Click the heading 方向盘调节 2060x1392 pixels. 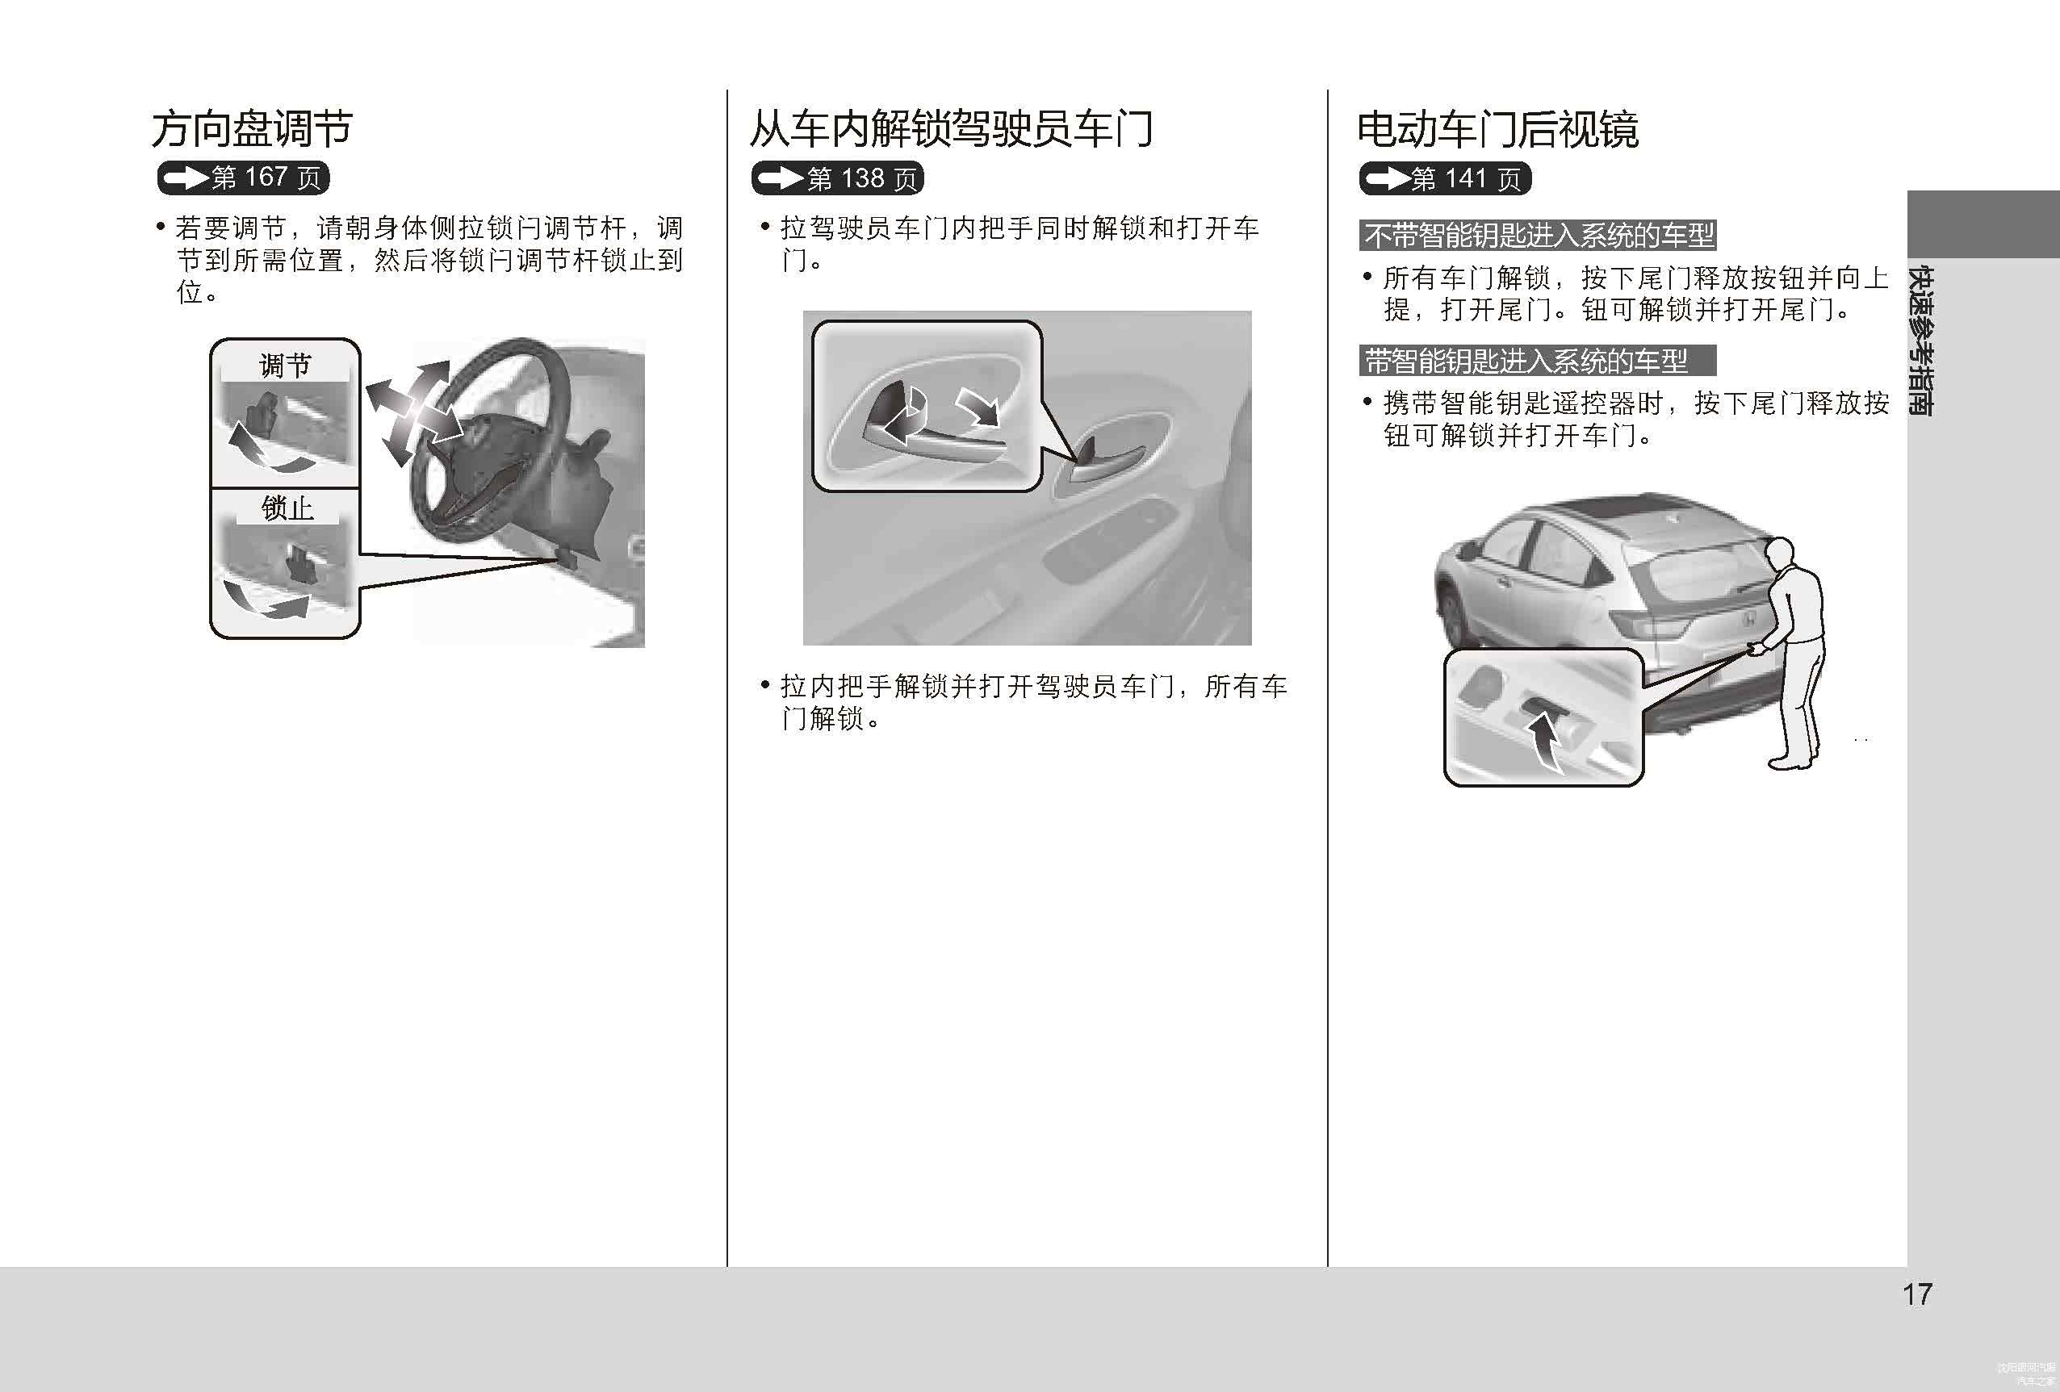pyautogui.click(x=252, y=129)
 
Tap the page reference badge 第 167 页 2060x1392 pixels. pyautogui.click(x=244, y=178)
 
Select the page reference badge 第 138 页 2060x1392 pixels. pyautogui.click(x=838, y=179)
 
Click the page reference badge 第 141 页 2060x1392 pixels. pyautogui.click(x=1445, y=179)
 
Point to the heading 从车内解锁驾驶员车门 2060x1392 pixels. pyautogui.click(x=951, y=129)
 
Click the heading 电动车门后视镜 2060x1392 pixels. pyautogui.click(x=1498, y=129)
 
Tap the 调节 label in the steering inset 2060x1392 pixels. pyautogui.click(x=286, y=365)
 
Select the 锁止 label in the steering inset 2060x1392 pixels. pyautogui.click(x=287, y=508)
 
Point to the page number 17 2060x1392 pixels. pyautogui.click(x=1917, y=1294)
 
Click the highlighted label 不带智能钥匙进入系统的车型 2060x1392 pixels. pyautogui.click(x=1538, y=236)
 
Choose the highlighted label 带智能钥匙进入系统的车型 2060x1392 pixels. pyautogui.click(x=1538, y=361)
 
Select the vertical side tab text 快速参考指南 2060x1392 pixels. pyautogui.click(x=1921, y=341)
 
